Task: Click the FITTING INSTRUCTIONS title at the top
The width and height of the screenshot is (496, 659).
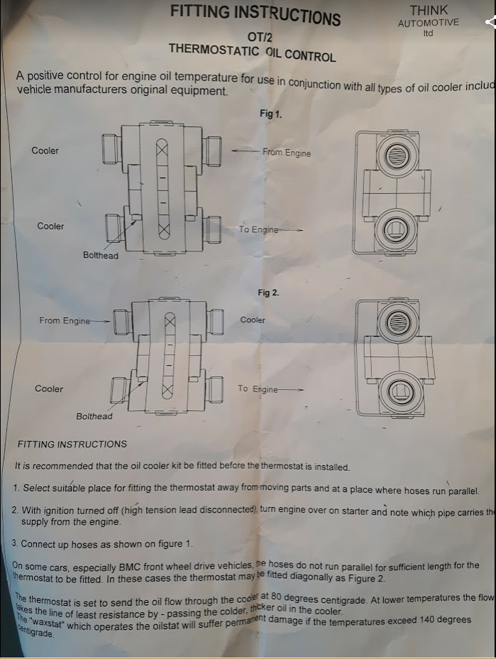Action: pyautogui.click(x=255, y=14)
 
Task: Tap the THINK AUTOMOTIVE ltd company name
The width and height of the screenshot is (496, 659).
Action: pyautogui.click(x=428, y=21)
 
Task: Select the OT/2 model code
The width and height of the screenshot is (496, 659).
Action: pyautogui.click(x=258, y=36)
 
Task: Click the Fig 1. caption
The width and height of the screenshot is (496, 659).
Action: pyautogui.click(x=270, y=114)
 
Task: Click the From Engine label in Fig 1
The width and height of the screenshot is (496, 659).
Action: pyautogui.click(x=286, y=153)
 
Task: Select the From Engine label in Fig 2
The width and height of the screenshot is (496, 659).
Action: pyautogui.click(x=65, y=320)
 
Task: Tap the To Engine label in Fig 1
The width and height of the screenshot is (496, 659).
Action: pyautogui.click(x=258, y=229)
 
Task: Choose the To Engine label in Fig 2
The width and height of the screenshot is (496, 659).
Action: pyautogui.click(x=258, y=388)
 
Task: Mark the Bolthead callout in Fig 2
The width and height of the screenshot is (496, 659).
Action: pyautogui.click(x=94, y=416)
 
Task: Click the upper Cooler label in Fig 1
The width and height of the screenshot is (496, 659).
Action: pyautogui.click(x=45, y=151)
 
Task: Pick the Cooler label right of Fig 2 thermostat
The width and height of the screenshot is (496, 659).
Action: pyautogui.click(x=253, y=320)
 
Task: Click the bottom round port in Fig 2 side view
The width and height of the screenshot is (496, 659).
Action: pyautogui.click(x=401, y=392)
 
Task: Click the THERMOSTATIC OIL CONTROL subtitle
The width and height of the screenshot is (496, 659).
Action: pyautogui.click(x=252, y=52)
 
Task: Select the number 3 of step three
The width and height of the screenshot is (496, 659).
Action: pyautogui.click(x=15, y=543)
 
